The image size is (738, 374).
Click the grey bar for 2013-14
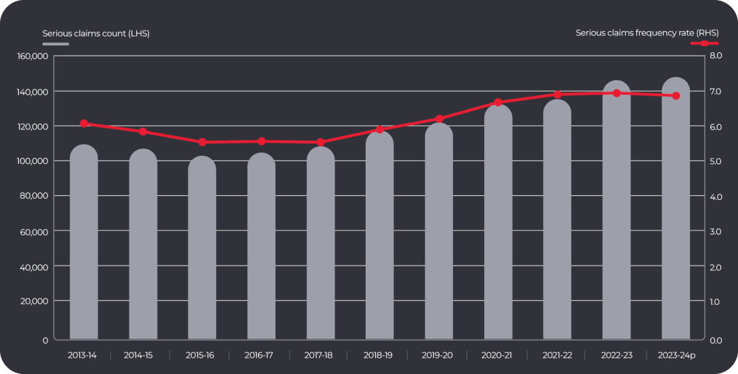pyautogui.click(x=84, y=244)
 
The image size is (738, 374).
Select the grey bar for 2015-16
pyautogui.click(x=202, y=249)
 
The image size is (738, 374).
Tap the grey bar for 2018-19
pyautogui.click(x=380, y=237)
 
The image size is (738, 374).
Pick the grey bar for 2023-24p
pyautogui.click(x=676, y=210)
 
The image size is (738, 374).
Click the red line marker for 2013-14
pyautogui.click(x=84, y=123)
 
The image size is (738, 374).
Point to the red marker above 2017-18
pyautogui.click(x=320, y=142)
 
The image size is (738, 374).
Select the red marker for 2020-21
pyautogui.click(x=498, y=102)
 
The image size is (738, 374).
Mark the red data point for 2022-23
pyautogui.click(x=617, y=93)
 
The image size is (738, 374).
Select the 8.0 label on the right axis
pyautogui.click(x=715, y=56)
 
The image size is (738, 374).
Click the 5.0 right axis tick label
pyautogui.click(x=715, y=161)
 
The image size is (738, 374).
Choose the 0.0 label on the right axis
pyautogui.click(x=715, y=340)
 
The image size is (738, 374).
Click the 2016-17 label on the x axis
pyautogui.click(x=261, y=355)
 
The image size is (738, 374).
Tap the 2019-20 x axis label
pyautogui.click(x=438, y=355)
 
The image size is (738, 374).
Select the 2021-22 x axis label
pyautogui.click(x=557, y=355)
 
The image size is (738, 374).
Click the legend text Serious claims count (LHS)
pyautogui.click(x=95, y=33)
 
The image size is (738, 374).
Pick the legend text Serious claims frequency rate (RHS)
pyautogui.click(x=647, y=33)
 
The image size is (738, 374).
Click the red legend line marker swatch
pyautogui.click(x=704, y=43)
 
